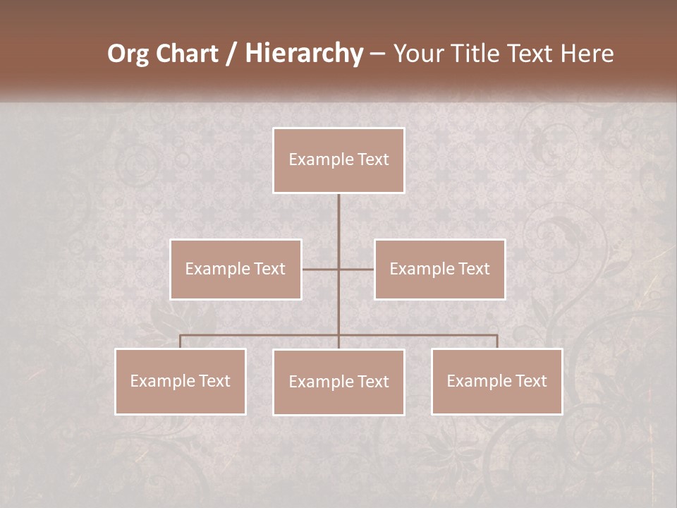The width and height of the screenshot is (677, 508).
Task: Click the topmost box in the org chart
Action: [338, 160]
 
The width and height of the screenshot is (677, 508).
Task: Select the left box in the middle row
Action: [236, 269]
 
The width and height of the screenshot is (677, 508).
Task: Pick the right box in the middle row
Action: [439, 269]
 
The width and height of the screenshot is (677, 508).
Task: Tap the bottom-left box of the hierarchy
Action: [181, 381]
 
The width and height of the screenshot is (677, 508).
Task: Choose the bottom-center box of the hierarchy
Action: [338, 382]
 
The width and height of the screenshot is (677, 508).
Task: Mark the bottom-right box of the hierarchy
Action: [496, 381]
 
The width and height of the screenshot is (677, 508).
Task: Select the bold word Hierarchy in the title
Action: [303, 54]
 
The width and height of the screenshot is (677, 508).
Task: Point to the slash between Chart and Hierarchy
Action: [232, 54]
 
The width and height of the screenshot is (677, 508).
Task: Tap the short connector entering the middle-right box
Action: [357, 269]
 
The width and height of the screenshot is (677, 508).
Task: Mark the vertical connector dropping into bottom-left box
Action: [181, 341]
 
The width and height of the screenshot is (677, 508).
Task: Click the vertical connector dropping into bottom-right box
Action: [497, 341]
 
